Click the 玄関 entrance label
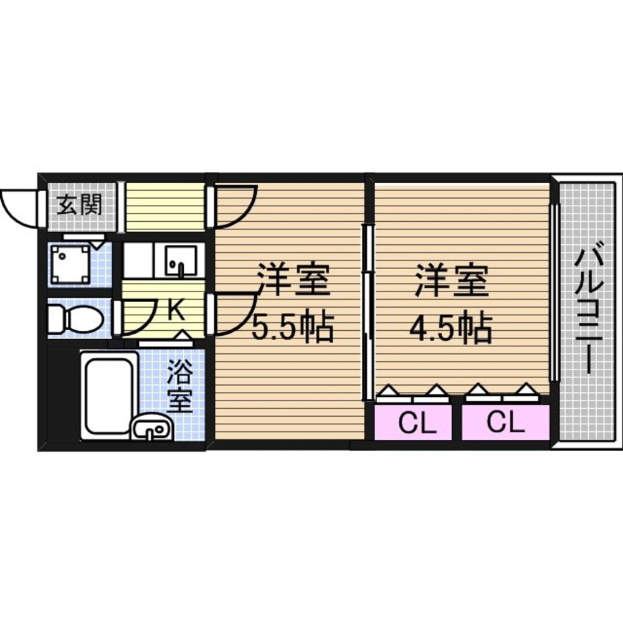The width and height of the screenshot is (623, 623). pyautogui.click(x=79, y=204)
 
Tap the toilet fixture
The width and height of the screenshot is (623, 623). pyautogui.click(x=76, y=319)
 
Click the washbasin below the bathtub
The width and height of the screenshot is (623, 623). pyautogui.click(x=149, y=429)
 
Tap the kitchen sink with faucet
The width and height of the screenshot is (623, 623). pyautogui.click(x=181, y=261)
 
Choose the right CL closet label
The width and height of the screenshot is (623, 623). pyautogui.click(x=505, y=424)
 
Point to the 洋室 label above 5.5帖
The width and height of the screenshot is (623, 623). pyautogui.click(x=293, y=281)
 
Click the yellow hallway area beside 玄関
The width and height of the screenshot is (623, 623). pyautogui.click(x=164, y=206)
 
